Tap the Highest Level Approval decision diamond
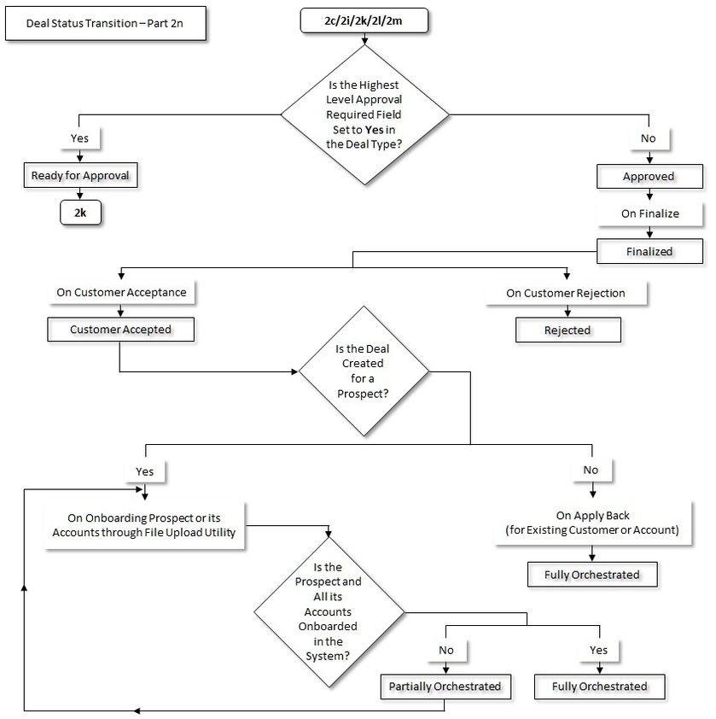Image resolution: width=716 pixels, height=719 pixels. click(364, 112)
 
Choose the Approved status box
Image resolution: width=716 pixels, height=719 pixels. click(649, 176)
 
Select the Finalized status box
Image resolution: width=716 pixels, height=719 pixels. click(649, 251)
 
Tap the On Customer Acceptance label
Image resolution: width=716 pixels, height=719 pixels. click(120, 292)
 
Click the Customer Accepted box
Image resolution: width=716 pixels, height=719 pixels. click(120, 329)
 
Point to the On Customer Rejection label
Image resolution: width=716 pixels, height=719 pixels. click(566, 292)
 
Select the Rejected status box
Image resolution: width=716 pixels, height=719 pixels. click(567, 330)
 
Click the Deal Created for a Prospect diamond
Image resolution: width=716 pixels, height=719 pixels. click(364, 374)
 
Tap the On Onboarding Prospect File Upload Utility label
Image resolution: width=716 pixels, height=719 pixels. click(145, 524)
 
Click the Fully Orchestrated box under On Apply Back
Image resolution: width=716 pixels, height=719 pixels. click(591, 575)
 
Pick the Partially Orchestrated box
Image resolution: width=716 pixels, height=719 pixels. click(444, 686)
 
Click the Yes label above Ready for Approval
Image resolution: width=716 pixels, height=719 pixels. click(79, 137)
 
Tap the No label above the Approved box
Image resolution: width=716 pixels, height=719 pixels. click(649, 137)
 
